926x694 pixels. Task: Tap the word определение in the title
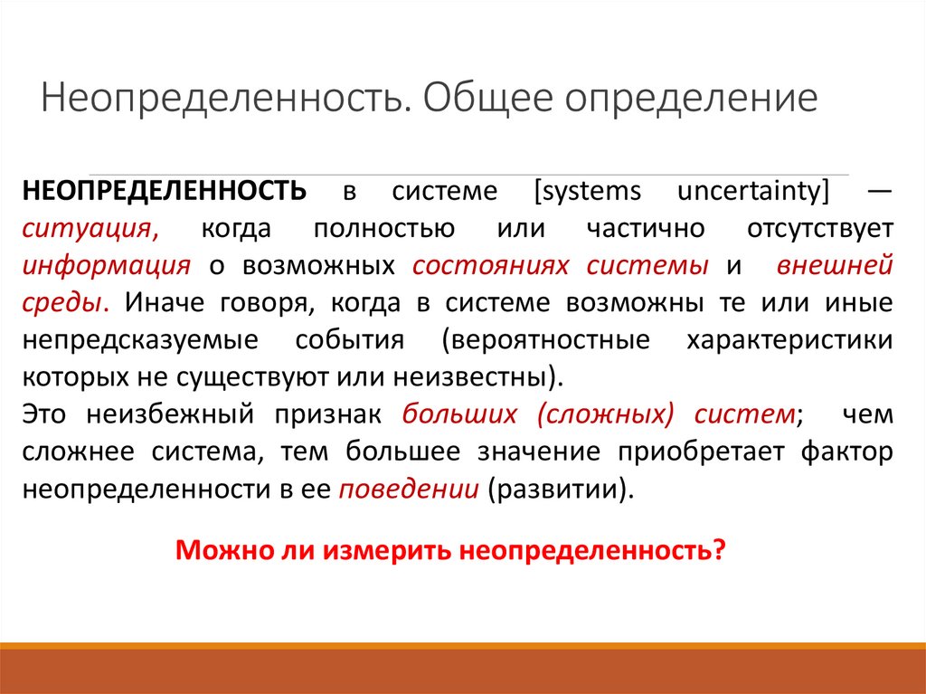[692, 99]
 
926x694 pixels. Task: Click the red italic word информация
[107, 265]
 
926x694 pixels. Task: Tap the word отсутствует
[820, 228]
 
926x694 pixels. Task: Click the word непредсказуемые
[127, 339]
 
